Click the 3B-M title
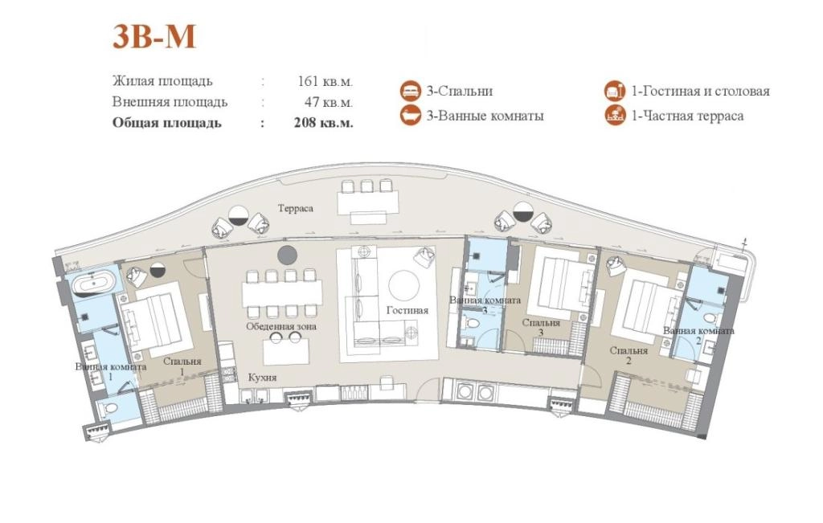coord(154,37)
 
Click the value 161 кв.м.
coord(325,81)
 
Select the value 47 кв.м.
coord(329,102)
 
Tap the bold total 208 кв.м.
coord(323,123)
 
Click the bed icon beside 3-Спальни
coord(410,92)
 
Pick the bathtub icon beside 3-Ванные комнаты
coord(410,116)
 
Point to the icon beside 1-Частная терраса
coord(615,116)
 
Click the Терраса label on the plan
coord(296,208)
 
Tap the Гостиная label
coord(407,311)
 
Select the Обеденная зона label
coord(281,326)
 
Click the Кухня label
coord(262,378)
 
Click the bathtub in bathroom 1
coord(93,285)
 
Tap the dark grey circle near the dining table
coord(287,255)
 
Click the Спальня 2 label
coord(629,355)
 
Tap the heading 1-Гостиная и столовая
coord(700,92)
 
